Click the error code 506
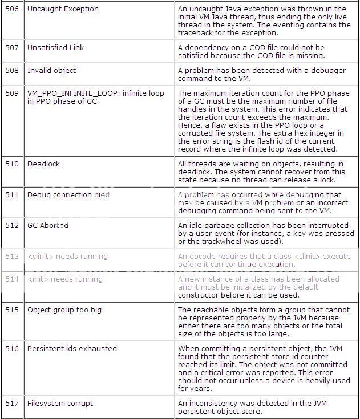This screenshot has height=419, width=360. (x=12, y=9)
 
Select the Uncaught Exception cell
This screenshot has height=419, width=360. (x=63, y=9)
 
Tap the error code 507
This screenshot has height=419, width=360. (x=12, y=48)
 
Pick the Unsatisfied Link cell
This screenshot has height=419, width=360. (x=55, y=48)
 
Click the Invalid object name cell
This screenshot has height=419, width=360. (x=51, y=71)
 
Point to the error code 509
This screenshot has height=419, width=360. (x=12, y=93)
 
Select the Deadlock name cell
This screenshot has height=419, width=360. (x=43, y=164)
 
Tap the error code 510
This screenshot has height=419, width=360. (x=12, y=164)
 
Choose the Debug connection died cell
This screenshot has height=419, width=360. (x=68, y=195)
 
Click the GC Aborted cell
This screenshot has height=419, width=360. (x=48, y=226)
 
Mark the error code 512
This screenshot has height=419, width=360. (x=12, y=226)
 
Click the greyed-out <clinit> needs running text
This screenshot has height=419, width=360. (x=67, y=257)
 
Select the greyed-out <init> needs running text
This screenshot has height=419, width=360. (x=65, y=279)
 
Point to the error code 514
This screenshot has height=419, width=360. (x=12, y=279)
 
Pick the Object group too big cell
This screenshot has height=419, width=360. (x=64, y=310)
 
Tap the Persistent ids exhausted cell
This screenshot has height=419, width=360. (x=72, y=349)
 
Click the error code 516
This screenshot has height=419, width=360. (x=12, y=349)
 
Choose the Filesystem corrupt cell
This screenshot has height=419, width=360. (x=60, y=404)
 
